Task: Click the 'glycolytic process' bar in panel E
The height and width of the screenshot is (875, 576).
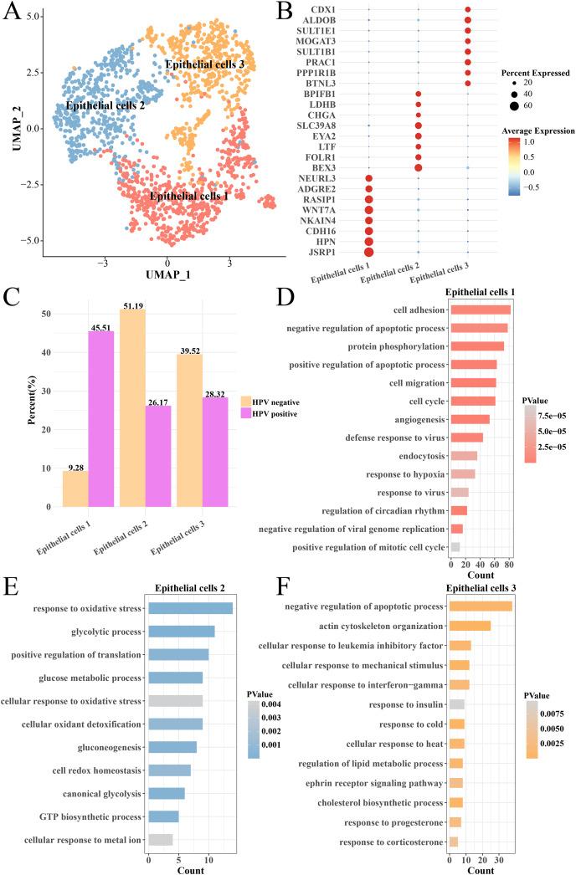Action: pyautogui.click(x=181, y=632)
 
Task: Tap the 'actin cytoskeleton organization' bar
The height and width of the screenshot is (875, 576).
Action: pyautogui.click(x=470, y=625)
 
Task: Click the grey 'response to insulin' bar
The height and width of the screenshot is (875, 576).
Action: pyautogui.click(x=457, y=704)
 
